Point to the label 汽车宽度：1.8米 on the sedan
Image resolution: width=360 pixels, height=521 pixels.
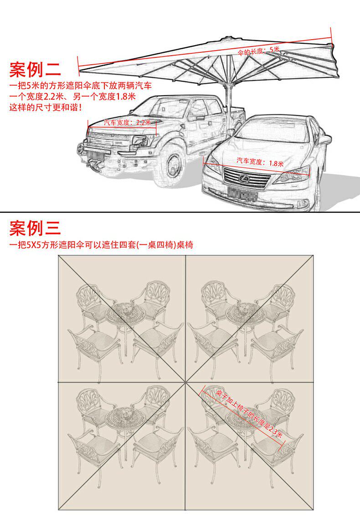pos(260,162)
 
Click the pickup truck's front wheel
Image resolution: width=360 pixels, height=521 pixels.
pos(173,166)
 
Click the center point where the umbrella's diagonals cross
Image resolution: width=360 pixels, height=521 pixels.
pos(185,382)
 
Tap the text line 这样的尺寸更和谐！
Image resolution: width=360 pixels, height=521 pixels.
pos(46,108)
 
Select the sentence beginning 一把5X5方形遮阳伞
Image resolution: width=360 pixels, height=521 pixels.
pos(101,245)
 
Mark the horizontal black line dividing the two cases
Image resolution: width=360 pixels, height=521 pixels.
pos(180,212)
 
